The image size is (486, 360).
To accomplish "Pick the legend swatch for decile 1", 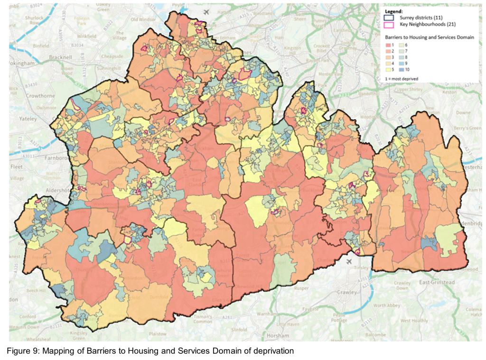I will pyautogui.click(x=388, y=44).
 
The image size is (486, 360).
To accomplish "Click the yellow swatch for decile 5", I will pyautogui.click(x=388, y=70).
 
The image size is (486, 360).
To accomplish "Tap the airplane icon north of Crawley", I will pyautogui.click(x=350, y=261).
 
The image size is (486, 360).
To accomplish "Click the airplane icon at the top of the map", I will pyautogui.click(x=206, y=12).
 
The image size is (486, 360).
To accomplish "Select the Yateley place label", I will pyautogui.click(x=28, y=119).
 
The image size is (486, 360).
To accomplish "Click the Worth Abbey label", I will pyautogui.click(x=386, y=305).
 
